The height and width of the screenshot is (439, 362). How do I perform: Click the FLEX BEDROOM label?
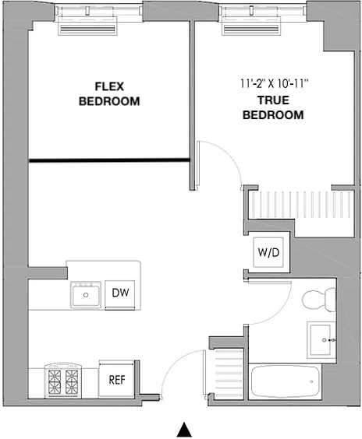[x=109, y=93]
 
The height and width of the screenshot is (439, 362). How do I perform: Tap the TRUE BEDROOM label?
[x=273, y=107]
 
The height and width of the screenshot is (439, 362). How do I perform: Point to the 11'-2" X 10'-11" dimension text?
[x=274, y=83]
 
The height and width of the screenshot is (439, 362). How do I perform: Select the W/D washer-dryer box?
[x=268, y=252]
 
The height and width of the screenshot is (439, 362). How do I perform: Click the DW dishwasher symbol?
[x=120, y=293]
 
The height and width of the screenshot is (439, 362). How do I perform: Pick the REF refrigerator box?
[x=116, y=379]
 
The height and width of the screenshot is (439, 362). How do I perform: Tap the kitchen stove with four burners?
[x=63, y=381]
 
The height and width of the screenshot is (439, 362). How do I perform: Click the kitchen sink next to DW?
[x=86, y=294]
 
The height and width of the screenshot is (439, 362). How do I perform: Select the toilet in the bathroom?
[x=319, y=300]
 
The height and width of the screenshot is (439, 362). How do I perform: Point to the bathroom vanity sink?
[x=321, y=340]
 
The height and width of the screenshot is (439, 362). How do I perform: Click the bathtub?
[x=285, y=381]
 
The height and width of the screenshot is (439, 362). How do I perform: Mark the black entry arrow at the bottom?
[x=184, y=430]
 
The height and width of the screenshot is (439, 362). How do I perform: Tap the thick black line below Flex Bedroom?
[x=109, y=160]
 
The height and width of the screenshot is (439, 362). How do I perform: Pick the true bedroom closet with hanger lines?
[x=301, y=205]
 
